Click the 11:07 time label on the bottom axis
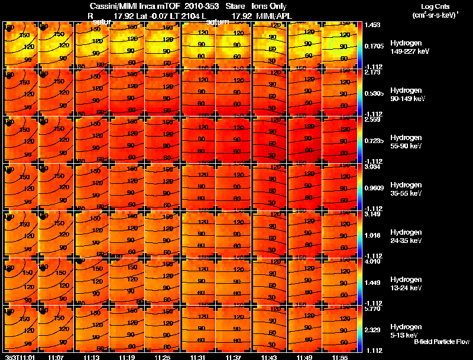[x=56, y=356]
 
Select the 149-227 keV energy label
[x=406, y=51]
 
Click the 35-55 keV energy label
[x=406, y=193]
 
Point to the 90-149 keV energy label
[x=406, y=99]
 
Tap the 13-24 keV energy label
[x=406, y=288]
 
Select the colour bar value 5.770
[x=374, y=309]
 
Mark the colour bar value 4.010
[x=374, y=261]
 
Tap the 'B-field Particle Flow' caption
[x=442, y=342]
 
